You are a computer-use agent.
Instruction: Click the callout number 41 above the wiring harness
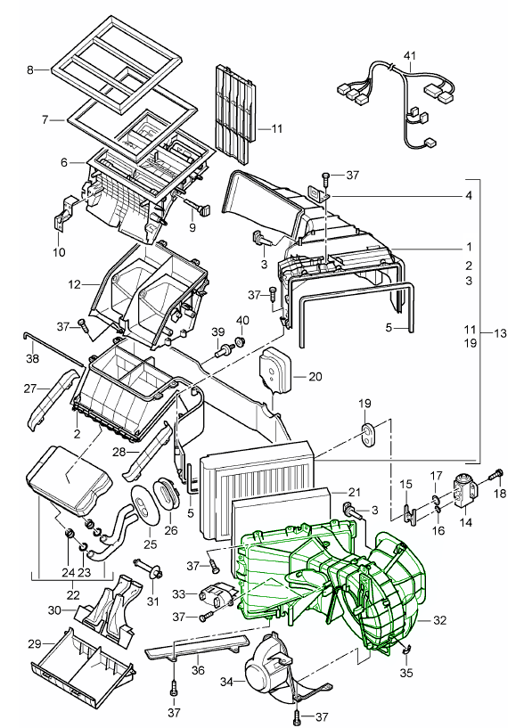pyautogui.click(x=409, y=56)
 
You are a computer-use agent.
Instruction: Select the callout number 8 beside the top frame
pyautogui.click(x=30, y=70)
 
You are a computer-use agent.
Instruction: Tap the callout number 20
pyautogui.click(x=315, y=376)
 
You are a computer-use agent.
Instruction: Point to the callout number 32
pyautogui.click(x=439, y=620)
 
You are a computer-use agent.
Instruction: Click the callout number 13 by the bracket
pyautogui.click(x=500, y=333)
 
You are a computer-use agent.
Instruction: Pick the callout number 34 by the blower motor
pyautogui.click(x=226, y=682)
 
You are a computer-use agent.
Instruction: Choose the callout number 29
pyautogui.click(x=35, y=644)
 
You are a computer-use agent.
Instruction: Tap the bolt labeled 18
pyautogui.click(x=496, y=477)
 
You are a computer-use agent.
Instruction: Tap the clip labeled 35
pyautogui.click(x=405, y=650)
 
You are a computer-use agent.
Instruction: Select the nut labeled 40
pyautogui.click(x=241, y=342)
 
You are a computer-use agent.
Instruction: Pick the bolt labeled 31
pyautogui.click(x=148, y=568)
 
